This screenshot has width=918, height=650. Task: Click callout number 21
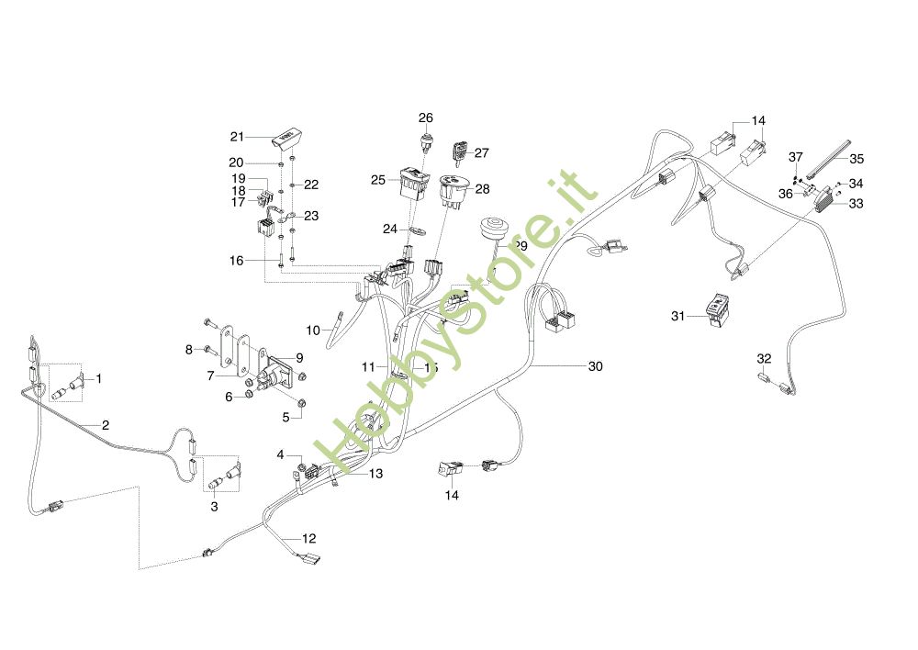pyautogui.click(x=237, y=137)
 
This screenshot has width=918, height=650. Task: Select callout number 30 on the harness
pyautogui.click(x=596, y=365)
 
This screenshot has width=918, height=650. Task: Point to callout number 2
pyautogui.click(x=106, y=425)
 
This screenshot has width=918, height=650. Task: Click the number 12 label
pyautogui.click(x=309, y=538)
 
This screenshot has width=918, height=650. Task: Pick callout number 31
pyautogui.click(x=678, y=316)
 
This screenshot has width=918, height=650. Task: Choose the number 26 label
pyautogui.click(x=426, y=118)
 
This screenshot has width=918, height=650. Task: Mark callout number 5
pyautogui.click(x=285, y=417)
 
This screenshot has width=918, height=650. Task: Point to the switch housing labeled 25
pyautogui.click(x=411, y=180)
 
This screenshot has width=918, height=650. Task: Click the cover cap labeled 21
pyautogui.click(x=285, y=140)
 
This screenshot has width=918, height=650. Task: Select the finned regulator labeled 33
pyautogui.click(x=827, y=197)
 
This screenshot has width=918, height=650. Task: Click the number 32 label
pyautogui.click(x=764, y=357)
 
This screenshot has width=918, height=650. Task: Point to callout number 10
pyautogui.click(x=312, y=330)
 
